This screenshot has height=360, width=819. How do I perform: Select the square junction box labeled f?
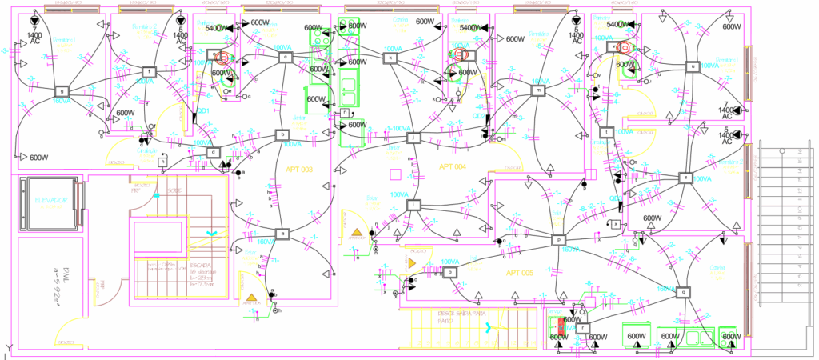[x=148, y=71]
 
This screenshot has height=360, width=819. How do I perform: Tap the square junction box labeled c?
[x=284, y=56]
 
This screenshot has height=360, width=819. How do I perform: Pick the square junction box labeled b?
[x=282, y=135]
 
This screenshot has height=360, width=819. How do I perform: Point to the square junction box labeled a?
[x=282, y=234]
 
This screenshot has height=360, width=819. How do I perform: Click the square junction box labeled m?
[x=538, y=91]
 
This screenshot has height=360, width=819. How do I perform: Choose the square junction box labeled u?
[x=693, y=67]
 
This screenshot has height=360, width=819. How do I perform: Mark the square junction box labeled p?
[x=558, y=239]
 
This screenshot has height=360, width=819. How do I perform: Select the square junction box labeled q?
[x=683, y=292]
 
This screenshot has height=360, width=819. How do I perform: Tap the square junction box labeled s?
[x=685, y=178]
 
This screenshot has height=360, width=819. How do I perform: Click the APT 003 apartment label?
[x=299, y=170]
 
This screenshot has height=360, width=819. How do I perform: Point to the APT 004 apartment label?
[x=452, y=166]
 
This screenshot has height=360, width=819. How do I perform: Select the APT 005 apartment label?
[x=520, y=273]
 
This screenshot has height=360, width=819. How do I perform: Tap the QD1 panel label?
[x=203, y=111]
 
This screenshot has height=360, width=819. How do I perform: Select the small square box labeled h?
[x=162, y=162]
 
